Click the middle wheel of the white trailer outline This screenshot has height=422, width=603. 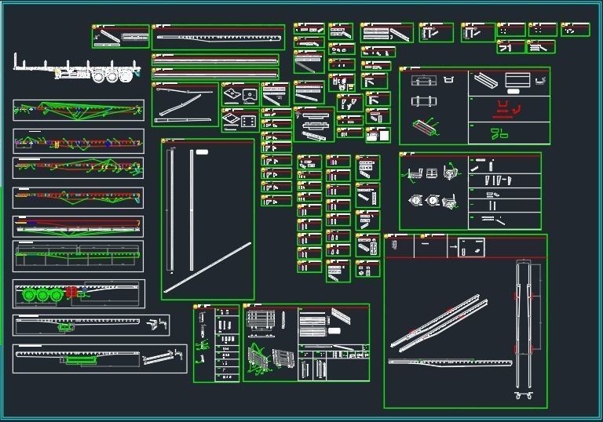(x=112, y=76)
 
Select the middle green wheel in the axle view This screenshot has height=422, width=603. (x=44, y=296)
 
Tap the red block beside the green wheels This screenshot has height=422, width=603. (x=73, y=292)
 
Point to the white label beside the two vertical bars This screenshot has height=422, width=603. (x=202, y=151)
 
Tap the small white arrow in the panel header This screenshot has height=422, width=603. (x=454, y=246)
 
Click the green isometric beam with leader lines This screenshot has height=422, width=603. (x=427, y=126)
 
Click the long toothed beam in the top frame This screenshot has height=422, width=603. (x=217, y=36)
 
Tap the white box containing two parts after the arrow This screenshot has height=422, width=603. (x=471, y=248)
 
